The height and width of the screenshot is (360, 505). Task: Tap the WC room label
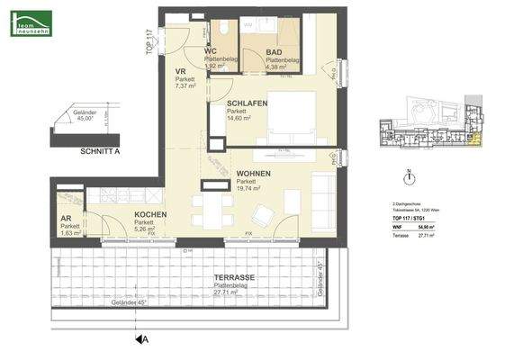pyautogui.click(x=209, y=51)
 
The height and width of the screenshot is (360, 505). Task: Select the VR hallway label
pyautogui.click(x=180, y=70)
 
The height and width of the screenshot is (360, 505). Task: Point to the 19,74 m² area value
pyautogui.click(x=248, y=189)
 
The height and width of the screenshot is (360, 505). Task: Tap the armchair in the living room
pyautogui.click(x=265, y=215)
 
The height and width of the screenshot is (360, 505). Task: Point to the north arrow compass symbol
pyautogui.click(x=410, y=178)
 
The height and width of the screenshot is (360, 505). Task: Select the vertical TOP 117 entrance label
pyautogui.click(x=150, y=41)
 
